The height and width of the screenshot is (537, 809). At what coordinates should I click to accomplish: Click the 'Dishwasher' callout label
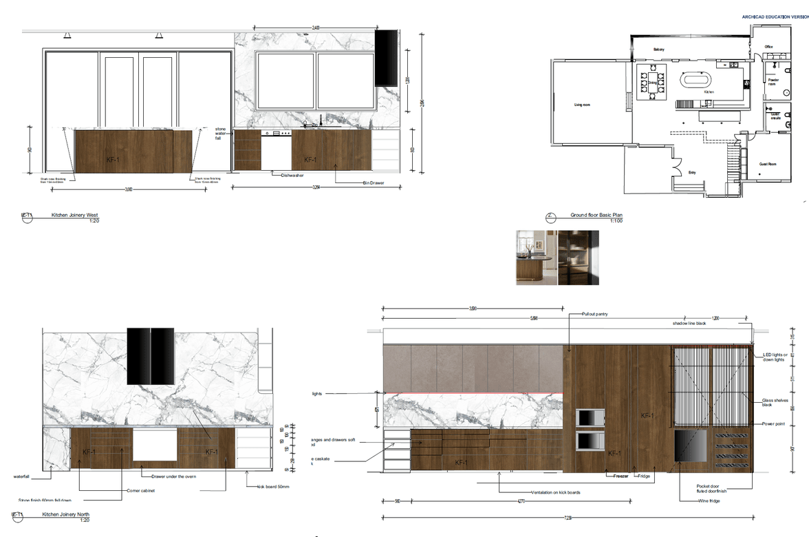(292, 176)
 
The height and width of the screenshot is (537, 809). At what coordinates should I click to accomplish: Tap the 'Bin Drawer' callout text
(373, 183)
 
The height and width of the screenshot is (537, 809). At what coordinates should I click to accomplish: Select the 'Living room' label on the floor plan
(583, 105)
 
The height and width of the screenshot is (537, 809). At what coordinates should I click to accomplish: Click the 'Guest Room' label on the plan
(768, 165)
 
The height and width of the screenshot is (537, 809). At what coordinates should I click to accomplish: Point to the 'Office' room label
(769, 47)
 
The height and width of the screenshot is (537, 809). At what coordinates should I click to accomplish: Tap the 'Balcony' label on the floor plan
(659, 50)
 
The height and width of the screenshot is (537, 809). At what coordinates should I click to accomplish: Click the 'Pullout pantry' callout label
(595, 314)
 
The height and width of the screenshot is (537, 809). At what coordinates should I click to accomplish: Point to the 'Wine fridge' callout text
(711, 501)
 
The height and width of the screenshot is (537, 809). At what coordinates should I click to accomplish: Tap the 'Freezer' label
(621, 476)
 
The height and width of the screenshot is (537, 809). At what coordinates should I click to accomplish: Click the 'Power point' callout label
(774, 424)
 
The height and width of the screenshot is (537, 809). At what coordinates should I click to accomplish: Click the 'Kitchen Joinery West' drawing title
(75, 215)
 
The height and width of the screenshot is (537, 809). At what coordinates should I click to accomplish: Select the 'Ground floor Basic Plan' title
(596, 215)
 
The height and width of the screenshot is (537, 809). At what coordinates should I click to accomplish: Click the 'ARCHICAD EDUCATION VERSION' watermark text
(775, 16)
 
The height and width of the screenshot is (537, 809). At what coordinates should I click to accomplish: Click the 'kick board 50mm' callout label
(273, 487)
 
